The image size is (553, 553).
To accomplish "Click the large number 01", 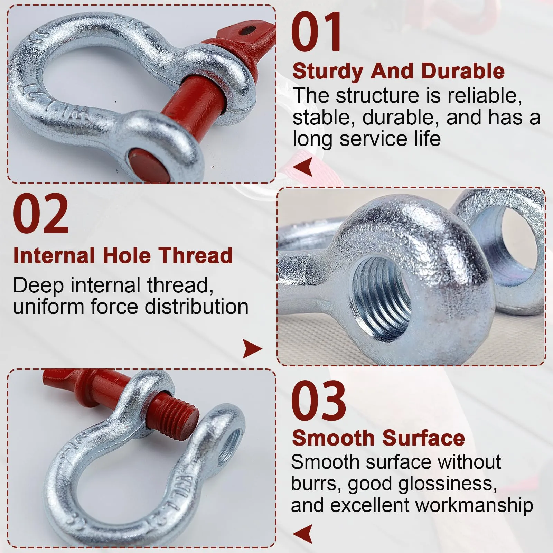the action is tap(316, 32).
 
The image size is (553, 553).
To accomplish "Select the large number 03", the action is tap(318, 401).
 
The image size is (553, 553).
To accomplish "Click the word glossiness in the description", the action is tap(448, 484).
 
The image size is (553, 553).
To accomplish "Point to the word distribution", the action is tap(196, 307).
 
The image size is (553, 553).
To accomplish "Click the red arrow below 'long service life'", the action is tap(302, 167).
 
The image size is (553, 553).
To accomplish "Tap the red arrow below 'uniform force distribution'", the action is tap(253, 348).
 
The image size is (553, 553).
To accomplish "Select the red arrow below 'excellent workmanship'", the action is tap(302, 534).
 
